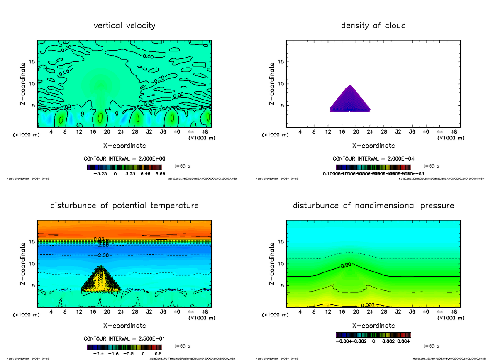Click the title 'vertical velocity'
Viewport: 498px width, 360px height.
[x=124, y=26]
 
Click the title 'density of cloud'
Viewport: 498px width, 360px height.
[x=373, y=26]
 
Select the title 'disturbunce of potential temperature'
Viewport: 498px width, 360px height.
[x=124, y=206]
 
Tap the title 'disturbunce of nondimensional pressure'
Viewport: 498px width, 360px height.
[x=373, y=206]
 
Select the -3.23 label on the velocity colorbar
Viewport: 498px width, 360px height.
[x=101, y=174]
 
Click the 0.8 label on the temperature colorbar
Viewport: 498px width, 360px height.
[x=158, y=354]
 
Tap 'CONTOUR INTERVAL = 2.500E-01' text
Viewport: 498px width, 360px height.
[x=124, y=339]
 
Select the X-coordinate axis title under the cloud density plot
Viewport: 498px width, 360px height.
[x=373, y=146]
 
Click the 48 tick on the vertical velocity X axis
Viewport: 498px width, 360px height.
[x=205, y=132]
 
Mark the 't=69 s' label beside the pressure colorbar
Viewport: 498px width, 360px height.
[x=431, y=345]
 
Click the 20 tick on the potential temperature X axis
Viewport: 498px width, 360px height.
[x=107, y=312]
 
